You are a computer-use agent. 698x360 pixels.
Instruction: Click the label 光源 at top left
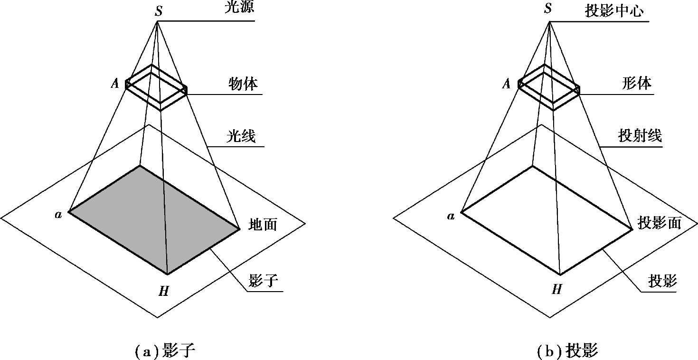click(x=239, y=7)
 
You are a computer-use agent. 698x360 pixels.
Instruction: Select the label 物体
click(x=243, y=84)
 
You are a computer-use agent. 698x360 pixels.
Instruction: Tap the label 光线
click(x=241, y=136)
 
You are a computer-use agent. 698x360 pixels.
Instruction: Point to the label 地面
click(x=263, y=224)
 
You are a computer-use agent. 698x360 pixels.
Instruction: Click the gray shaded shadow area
click(x=154, y=220)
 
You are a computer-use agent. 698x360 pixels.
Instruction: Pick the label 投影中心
click(x=614, y=11)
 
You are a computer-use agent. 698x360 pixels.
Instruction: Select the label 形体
click(x=637, y=83)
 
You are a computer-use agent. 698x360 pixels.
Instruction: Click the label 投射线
click(x=640, y=136)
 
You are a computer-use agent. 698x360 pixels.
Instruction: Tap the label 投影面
click(x=660, y=223)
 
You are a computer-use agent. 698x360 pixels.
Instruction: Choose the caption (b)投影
click(x=567, y=351)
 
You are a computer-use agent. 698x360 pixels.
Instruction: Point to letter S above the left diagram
click(x=159, y=11)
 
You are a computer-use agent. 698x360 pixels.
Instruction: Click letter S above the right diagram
click(x=548, y=8)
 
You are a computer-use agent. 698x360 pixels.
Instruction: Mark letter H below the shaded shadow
click(x=164, y=291)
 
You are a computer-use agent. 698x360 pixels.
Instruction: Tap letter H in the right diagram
click(x=557, y=290)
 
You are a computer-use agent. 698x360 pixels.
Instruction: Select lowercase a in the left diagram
click(x=58, y=215)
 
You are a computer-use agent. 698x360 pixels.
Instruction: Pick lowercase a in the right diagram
click(x=451, y=216)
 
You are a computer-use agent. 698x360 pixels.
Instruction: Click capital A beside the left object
click(x=115, y=83)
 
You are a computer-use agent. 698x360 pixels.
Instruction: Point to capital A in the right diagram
click(x=506, y=84)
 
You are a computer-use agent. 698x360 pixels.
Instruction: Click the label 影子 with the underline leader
click(x=264, y=281)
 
